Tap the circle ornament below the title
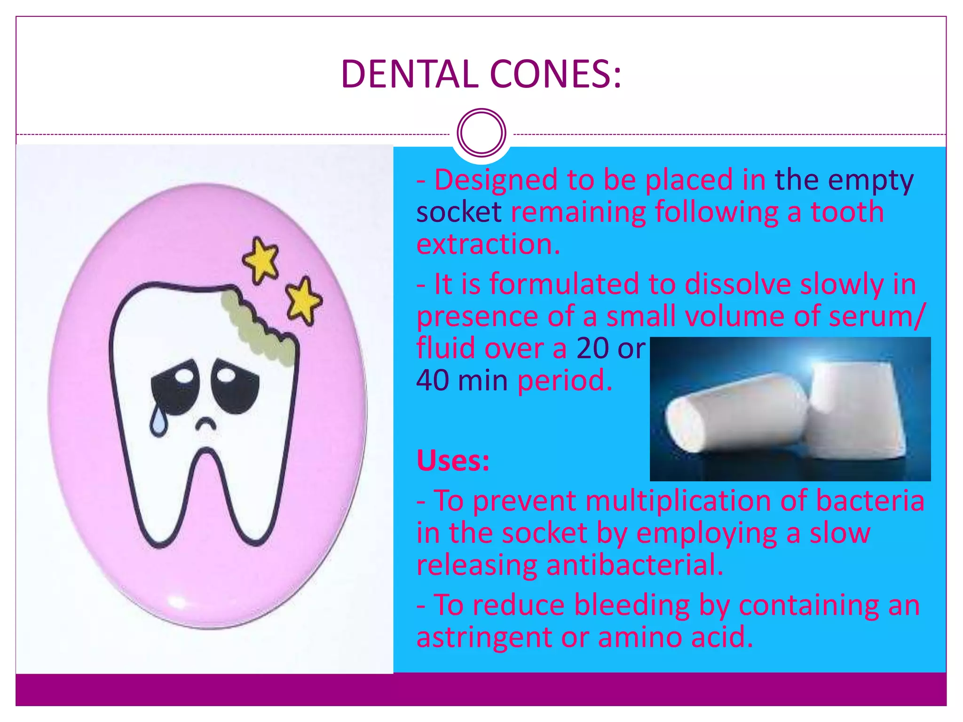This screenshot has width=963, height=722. (481, 133)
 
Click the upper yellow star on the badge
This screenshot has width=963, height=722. (261, 259)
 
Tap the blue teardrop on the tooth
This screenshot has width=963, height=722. (158, 421)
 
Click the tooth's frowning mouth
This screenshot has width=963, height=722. (205, 423)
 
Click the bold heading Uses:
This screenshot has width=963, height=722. (453, 461)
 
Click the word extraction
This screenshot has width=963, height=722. (488, 244)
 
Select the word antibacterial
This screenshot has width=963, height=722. (634, 565)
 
